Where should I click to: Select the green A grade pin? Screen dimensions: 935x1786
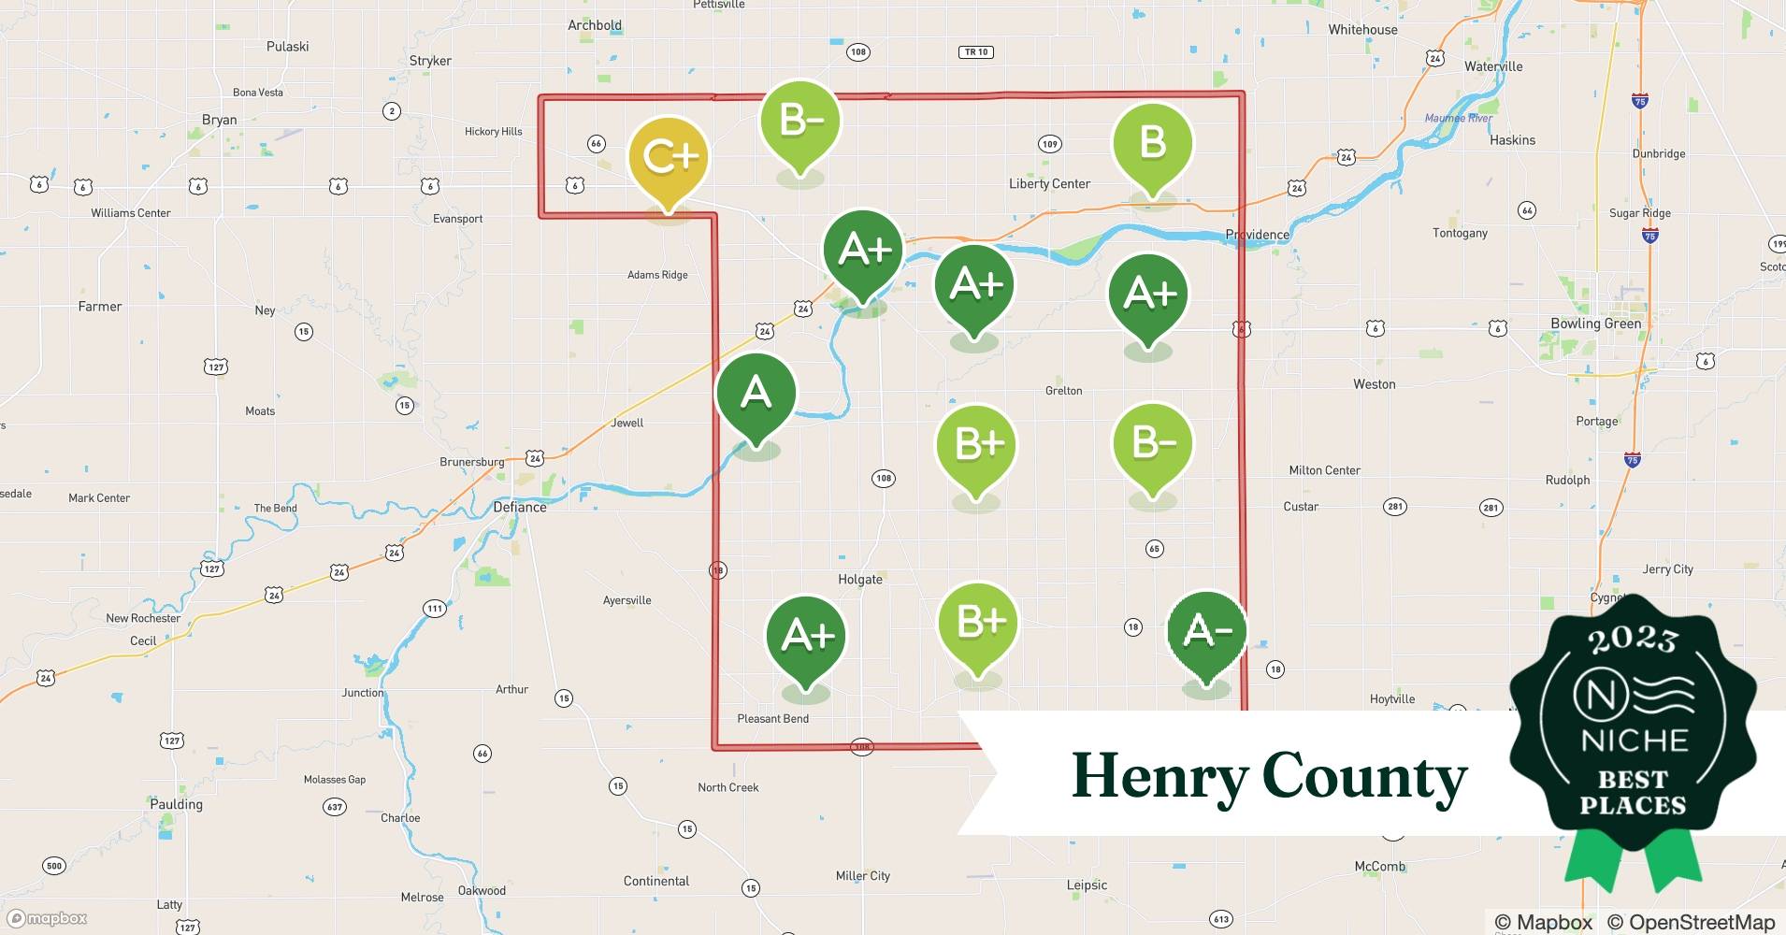756,394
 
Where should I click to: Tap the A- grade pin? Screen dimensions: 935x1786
1207,633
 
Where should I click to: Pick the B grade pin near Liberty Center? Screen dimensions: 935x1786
1152,144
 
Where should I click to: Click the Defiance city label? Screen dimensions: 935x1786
520,508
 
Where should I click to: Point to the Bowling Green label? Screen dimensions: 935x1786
1595,324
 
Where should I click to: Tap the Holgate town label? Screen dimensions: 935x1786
859,580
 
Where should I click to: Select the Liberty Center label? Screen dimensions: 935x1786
1049,184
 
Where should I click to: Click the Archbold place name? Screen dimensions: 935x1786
595,25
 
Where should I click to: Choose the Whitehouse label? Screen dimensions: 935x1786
1362,30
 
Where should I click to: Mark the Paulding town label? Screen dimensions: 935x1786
176,804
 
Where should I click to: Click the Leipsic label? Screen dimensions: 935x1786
1087,885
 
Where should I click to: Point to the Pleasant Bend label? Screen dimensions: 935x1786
772,719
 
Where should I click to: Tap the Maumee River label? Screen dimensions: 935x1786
1458,119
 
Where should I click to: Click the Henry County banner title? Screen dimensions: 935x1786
1269,776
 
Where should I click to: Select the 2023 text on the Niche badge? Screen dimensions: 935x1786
1633,640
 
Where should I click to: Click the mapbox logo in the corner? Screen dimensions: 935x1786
47,918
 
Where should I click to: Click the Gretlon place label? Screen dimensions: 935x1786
1063,391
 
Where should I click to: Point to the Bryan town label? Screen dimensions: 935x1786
220,120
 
